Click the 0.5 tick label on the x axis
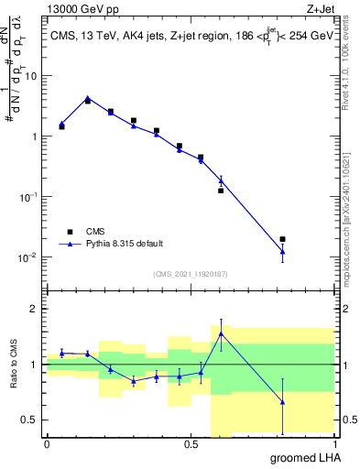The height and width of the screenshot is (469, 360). pyautogui.click(x=191, y=443)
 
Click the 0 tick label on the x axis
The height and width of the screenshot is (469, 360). pyautogui.click(x=47, y=443)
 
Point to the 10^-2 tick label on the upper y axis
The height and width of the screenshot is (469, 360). pyautogui.click(x=29, y=257)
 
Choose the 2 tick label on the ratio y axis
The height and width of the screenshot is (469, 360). pyautogui.click(x=36, y=309)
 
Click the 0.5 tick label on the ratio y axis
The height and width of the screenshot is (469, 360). pyautogui.click(x=31, y=420)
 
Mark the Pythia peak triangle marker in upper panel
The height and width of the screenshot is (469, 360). pyautogui.click(x=88, y=98)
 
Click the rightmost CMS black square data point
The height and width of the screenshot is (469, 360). pyautogui.click(x=282, y=239)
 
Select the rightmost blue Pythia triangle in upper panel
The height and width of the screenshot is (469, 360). pyautogui.click(x=282, y=251)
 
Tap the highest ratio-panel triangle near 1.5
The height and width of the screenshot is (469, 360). pyautogui.click(x=221, y=333)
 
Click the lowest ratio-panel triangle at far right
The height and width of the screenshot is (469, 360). pyautogui.click(x=282, y=401)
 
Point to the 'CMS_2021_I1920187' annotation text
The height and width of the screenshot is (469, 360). pyautogui.click(x=191, y=274)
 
